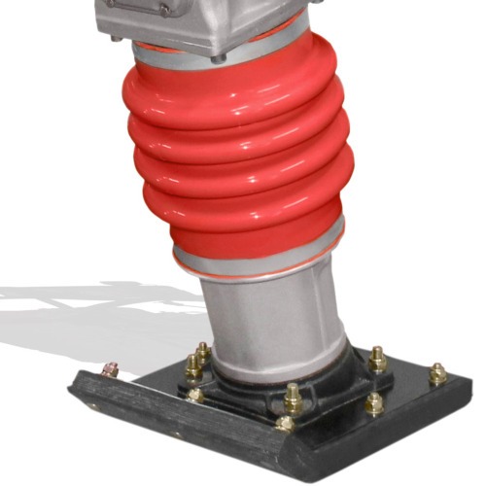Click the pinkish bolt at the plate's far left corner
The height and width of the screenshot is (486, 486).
(x=111, y=370)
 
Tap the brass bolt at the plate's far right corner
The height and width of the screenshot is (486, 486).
(x=437, y=373)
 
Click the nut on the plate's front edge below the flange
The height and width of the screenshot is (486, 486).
(x=284, y=423)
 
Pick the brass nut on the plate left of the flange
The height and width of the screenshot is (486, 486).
(x=196, y=395)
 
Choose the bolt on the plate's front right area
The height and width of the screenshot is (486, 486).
(x=373, y=403)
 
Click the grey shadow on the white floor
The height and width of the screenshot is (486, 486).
(x=78, y=311)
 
